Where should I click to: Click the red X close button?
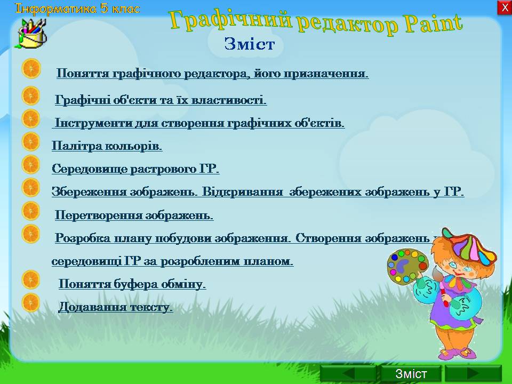tap(505, 7)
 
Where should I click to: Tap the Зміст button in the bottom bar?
tap(411, 373)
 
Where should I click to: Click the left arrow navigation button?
tap(348, 373)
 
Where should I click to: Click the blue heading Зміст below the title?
tap(250, 44)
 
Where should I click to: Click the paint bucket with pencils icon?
tap(31, 33)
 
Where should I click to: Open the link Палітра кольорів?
tap(107, 146)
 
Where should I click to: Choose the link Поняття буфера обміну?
tap(132, 284)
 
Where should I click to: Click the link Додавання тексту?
tap(115, 307)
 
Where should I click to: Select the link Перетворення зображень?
tap(134, 215)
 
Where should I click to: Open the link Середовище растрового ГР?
tap(135, 169)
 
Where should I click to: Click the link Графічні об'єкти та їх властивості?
tap(161, 100)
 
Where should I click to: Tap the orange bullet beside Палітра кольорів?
tap(31, 142)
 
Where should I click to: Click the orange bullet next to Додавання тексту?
tap(31, 302)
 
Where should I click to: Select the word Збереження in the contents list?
tap(89, 191)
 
